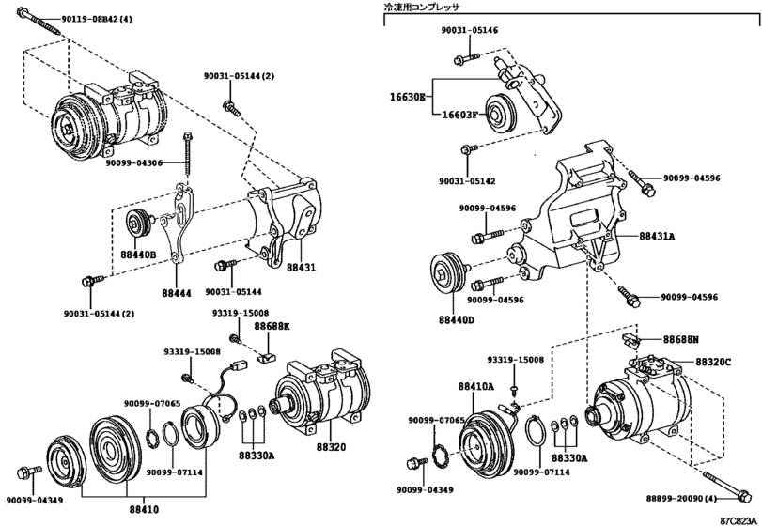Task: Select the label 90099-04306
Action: pyautogui.click(x=133, y=163)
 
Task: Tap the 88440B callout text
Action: pyautogui.click(x=138, y=255)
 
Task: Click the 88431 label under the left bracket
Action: pyautogui.click(x=300, y=268)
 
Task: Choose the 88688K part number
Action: pyautogui.click(x=272, y=324)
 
